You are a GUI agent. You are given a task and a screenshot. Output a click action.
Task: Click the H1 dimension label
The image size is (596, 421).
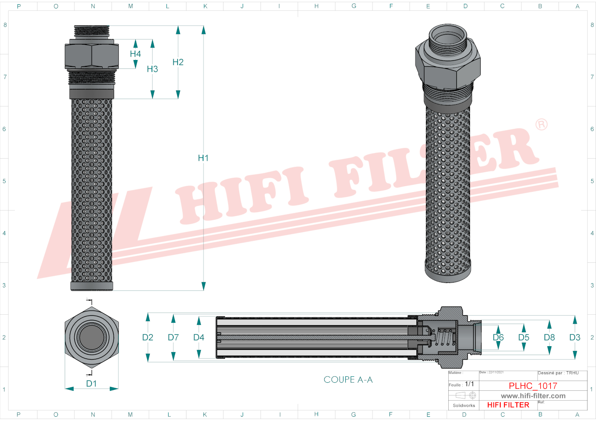tap(203, 158)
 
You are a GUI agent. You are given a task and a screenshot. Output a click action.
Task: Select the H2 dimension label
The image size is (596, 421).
tap(178, 62)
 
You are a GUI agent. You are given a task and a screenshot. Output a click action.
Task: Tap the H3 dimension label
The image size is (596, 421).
tap(152, 69)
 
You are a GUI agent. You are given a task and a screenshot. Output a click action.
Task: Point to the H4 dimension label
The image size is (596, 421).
tap(135, 54)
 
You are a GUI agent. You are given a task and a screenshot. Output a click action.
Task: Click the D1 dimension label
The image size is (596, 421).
tap(92, 384)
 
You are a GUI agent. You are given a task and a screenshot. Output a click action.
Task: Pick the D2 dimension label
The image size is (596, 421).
tap(148, 337)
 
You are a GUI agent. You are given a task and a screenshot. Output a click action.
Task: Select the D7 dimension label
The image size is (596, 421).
tap(173, 337)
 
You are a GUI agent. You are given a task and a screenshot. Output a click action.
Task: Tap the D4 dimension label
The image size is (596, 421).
tap(199, 337)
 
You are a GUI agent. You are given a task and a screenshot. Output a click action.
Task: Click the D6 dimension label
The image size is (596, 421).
tap(498, 337)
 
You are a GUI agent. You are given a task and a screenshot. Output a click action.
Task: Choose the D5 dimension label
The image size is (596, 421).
tap(524, 337)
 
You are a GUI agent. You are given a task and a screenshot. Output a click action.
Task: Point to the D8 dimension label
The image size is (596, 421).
tap(549, 337)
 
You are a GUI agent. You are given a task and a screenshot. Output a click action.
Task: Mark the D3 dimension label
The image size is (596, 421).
tap(575, 337)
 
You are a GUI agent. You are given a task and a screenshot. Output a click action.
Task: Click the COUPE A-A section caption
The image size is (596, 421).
tap(348, 380)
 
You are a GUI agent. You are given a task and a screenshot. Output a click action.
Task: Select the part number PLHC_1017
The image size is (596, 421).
tap(533, 386)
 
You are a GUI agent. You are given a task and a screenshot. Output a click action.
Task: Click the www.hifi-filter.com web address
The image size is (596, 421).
tap(533, 396)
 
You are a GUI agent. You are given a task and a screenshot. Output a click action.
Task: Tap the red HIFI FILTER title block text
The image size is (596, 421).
tap(508, 405)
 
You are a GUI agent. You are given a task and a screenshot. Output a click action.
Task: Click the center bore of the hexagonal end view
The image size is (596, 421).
tap(92, 337)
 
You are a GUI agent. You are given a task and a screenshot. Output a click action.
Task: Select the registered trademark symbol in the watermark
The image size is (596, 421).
tap(542, 125)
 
